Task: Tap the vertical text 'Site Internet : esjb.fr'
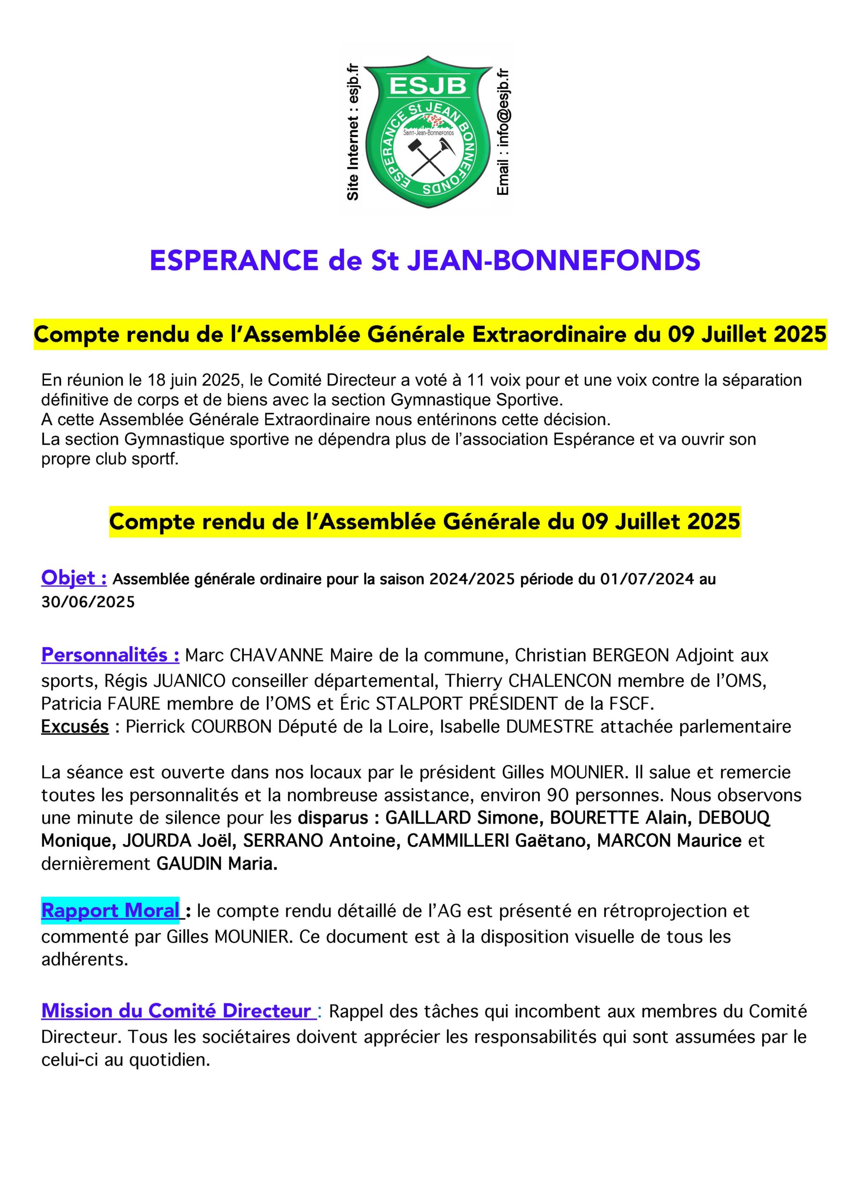click(x=353, y=131)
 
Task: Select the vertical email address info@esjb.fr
click(x=503, y=131)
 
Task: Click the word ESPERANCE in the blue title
click(x=234, y=260)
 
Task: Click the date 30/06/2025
click(x=88, y=601)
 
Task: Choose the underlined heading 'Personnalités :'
click(x=110, y=655)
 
